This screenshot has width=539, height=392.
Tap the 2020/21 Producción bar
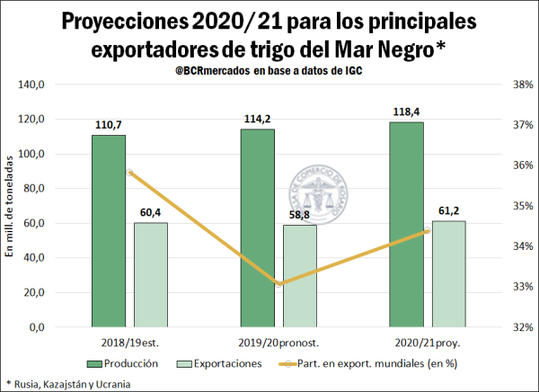click(406, 225)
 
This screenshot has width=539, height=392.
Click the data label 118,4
click(406, 112)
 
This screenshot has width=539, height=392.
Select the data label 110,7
click(108, 126)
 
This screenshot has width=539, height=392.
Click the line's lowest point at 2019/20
click(279, 284)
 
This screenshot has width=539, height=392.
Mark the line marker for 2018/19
click(130, 172)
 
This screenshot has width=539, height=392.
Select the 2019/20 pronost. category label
click(278, 343)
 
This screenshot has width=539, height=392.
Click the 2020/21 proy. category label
click(427, 343)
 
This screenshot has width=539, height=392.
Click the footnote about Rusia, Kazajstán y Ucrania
click(68, 384)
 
